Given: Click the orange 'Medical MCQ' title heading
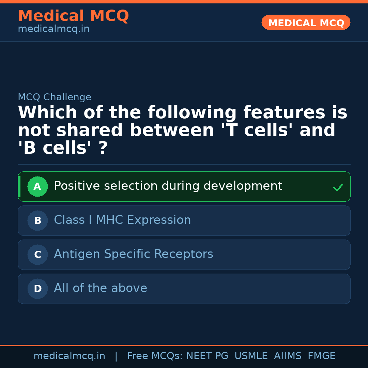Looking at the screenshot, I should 73,16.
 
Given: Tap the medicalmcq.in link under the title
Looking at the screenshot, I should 53,29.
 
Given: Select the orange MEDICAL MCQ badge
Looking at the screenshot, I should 306,23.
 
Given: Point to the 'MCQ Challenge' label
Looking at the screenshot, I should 55,97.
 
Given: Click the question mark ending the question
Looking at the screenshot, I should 103,148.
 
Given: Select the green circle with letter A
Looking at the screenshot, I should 37,186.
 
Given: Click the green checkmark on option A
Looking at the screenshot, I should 338,187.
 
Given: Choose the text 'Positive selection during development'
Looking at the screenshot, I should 168,186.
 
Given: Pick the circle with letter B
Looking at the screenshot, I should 37,220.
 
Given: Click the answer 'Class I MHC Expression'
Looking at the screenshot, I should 122,220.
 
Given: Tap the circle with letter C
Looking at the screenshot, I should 37,255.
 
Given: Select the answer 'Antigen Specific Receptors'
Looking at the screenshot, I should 134,254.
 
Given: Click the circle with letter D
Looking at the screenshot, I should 37,289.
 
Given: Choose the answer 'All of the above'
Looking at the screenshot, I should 101,288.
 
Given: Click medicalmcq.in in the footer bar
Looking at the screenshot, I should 69,356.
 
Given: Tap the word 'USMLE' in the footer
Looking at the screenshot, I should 251,356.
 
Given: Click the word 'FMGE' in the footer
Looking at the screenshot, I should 321,356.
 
